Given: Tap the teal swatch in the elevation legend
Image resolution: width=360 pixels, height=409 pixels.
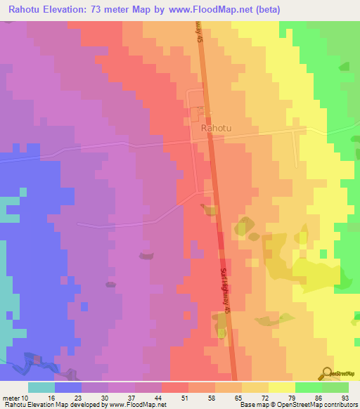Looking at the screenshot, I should [41, 387].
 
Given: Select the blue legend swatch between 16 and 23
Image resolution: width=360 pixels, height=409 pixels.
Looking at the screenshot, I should [68, 387].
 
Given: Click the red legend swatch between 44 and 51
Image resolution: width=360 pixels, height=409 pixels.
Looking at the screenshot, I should [175, 387].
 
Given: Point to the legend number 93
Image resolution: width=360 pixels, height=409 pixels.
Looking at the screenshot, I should [344, 398].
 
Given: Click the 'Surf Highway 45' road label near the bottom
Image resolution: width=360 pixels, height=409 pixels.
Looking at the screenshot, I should [226, 289].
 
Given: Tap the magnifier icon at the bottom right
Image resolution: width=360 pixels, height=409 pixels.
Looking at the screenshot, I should [326, 373].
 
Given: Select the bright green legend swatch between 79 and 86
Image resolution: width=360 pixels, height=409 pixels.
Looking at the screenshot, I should [309, 387].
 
